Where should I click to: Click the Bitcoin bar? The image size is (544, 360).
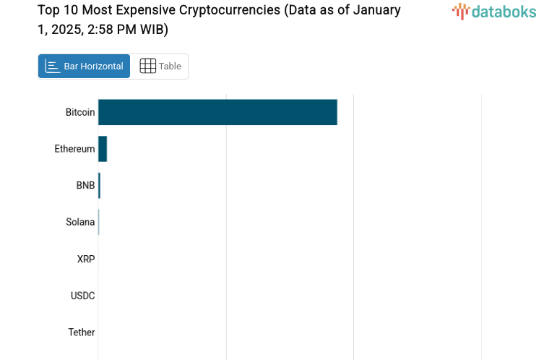217,112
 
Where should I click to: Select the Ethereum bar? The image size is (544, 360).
103,149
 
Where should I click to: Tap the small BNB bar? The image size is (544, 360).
99,186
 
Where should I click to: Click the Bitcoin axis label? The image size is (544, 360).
80,112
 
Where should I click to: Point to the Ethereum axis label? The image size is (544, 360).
74,149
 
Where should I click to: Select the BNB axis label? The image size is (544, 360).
85,186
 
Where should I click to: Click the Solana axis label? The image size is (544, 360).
80,222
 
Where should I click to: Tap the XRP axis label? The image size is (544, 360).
86,259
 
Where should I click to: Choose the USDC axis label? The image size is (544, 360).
82,296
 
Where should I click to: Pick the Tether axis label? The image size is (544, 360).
82,333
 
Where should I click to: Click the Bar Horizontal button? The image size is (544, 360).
84,67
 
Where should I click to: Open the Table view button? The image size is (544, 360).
160,67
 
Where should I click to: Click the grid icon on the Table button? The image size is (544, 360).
147,67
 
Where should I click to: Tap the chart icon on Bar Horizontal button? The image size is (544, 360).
52,67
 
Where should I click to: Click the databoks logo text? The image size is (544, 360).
504,11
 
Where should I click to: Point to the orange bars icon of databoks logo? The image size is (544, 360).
460,11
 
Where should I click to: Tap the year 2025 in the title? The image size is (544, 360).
64,30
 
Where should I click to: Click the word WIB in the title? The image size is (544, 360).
153,30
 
